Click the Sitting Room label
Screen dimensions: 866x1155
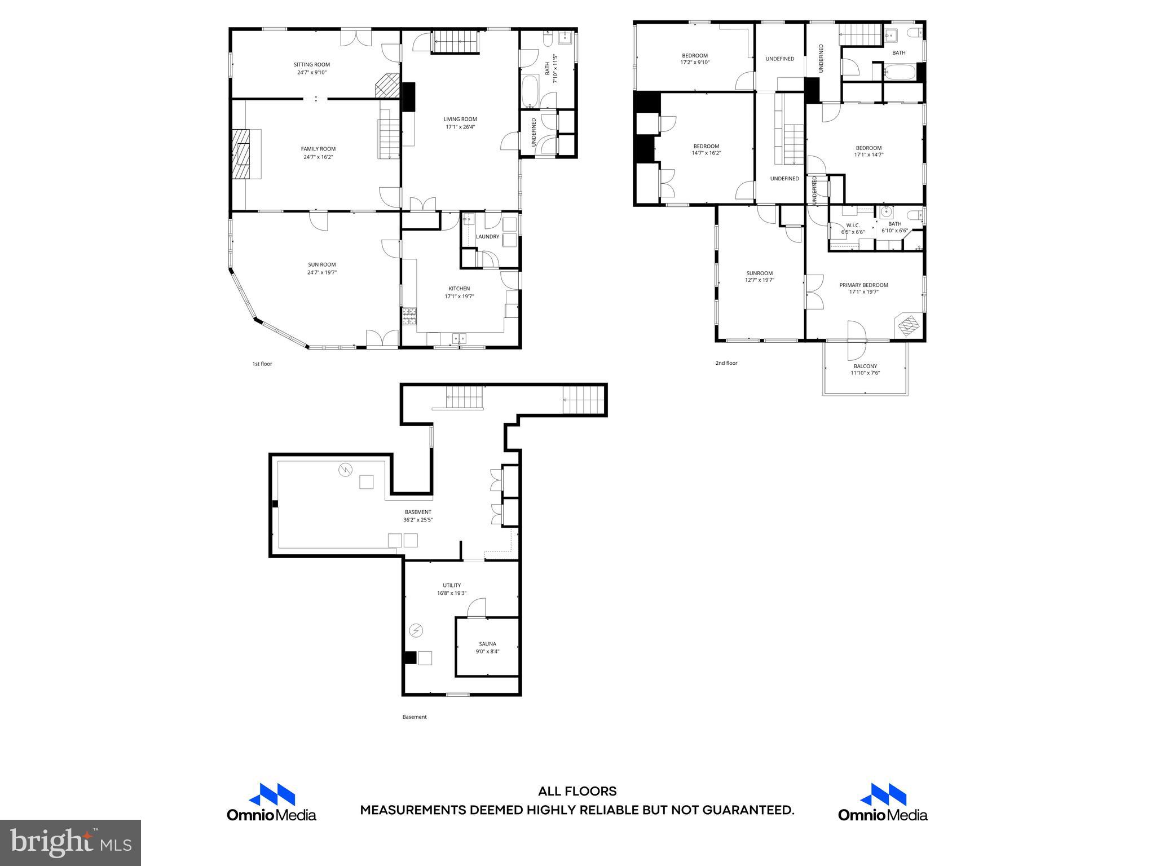pos(311,65)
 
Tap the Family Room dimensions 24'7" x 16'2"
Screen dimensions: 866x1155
pos(318,157)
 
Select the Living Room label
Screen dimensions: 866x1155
pos(460,119)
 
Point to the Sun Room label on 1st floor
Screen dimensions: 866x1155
pos(321,264)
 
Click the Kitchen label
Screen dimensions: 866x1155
pos(459,289)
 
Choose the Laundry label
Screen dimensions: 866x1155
pos(487,237)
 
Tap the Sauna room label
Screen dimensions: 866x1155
pos(487,644)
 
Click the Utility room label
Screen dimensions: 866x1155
pos(452,585)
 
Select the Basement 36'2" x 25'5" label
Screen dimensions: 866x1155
pos(417,516)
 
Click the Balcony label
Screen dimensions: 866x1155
pos(865,366)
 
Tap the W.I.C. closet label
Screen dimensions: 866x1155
pos(852,226)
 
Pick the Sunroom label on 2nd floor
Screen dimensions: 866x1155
pos(759,273)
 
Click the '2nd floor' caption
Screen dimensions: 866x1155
pos(726,363)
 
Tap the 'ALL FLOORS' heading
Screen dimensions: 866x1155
pos(577,792)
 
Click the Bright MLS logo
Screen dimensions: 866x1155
pos(70,843)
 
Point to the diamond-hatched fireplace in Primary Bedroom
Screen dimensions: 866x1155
pos(908,325)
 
